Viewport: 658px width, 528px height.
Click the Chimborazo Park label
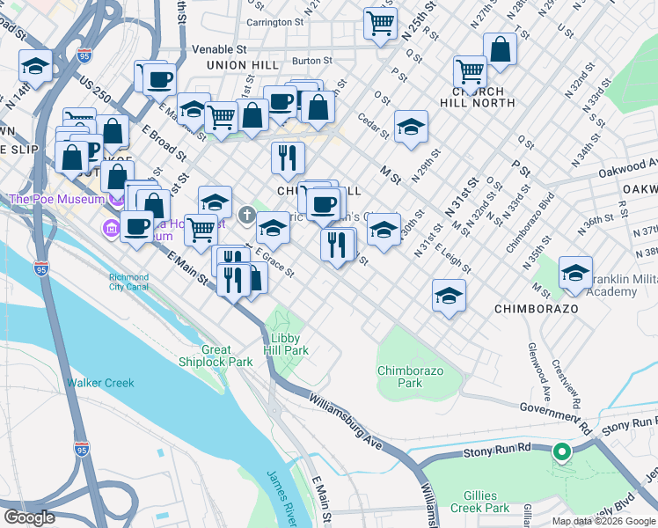coord(410,377)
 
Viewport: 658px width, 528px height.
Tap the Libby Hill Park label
coord(284,344)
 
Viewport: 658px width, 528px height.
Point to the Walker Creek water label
coord(100,383)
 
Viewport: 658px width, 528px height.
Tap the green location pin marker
coord(561,453)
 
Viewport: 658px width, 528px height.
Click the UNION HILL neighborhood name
coord(242,65)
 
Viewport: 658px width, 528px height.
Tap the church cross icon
coord(247,213)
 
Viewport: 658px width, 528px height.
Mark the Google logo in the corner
coord(29,517)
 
